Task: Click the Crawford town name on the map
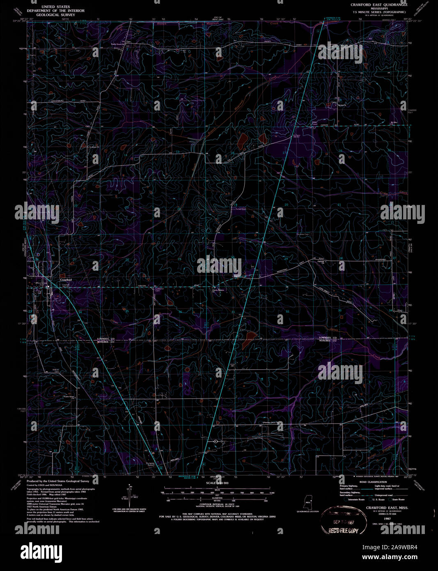pyautogui.click(x=66, y=280)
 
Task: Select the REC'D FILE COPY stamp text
pyautogui.click(x=344, y=530)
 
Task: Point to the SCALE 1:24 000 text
pyautogui.click(x=217, y=483)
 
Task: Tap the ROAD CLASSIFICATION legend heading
pyautogui.click(x=373, y=482)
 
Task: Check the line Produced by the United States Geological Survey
pyautogui.click(x=58, y=481)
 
